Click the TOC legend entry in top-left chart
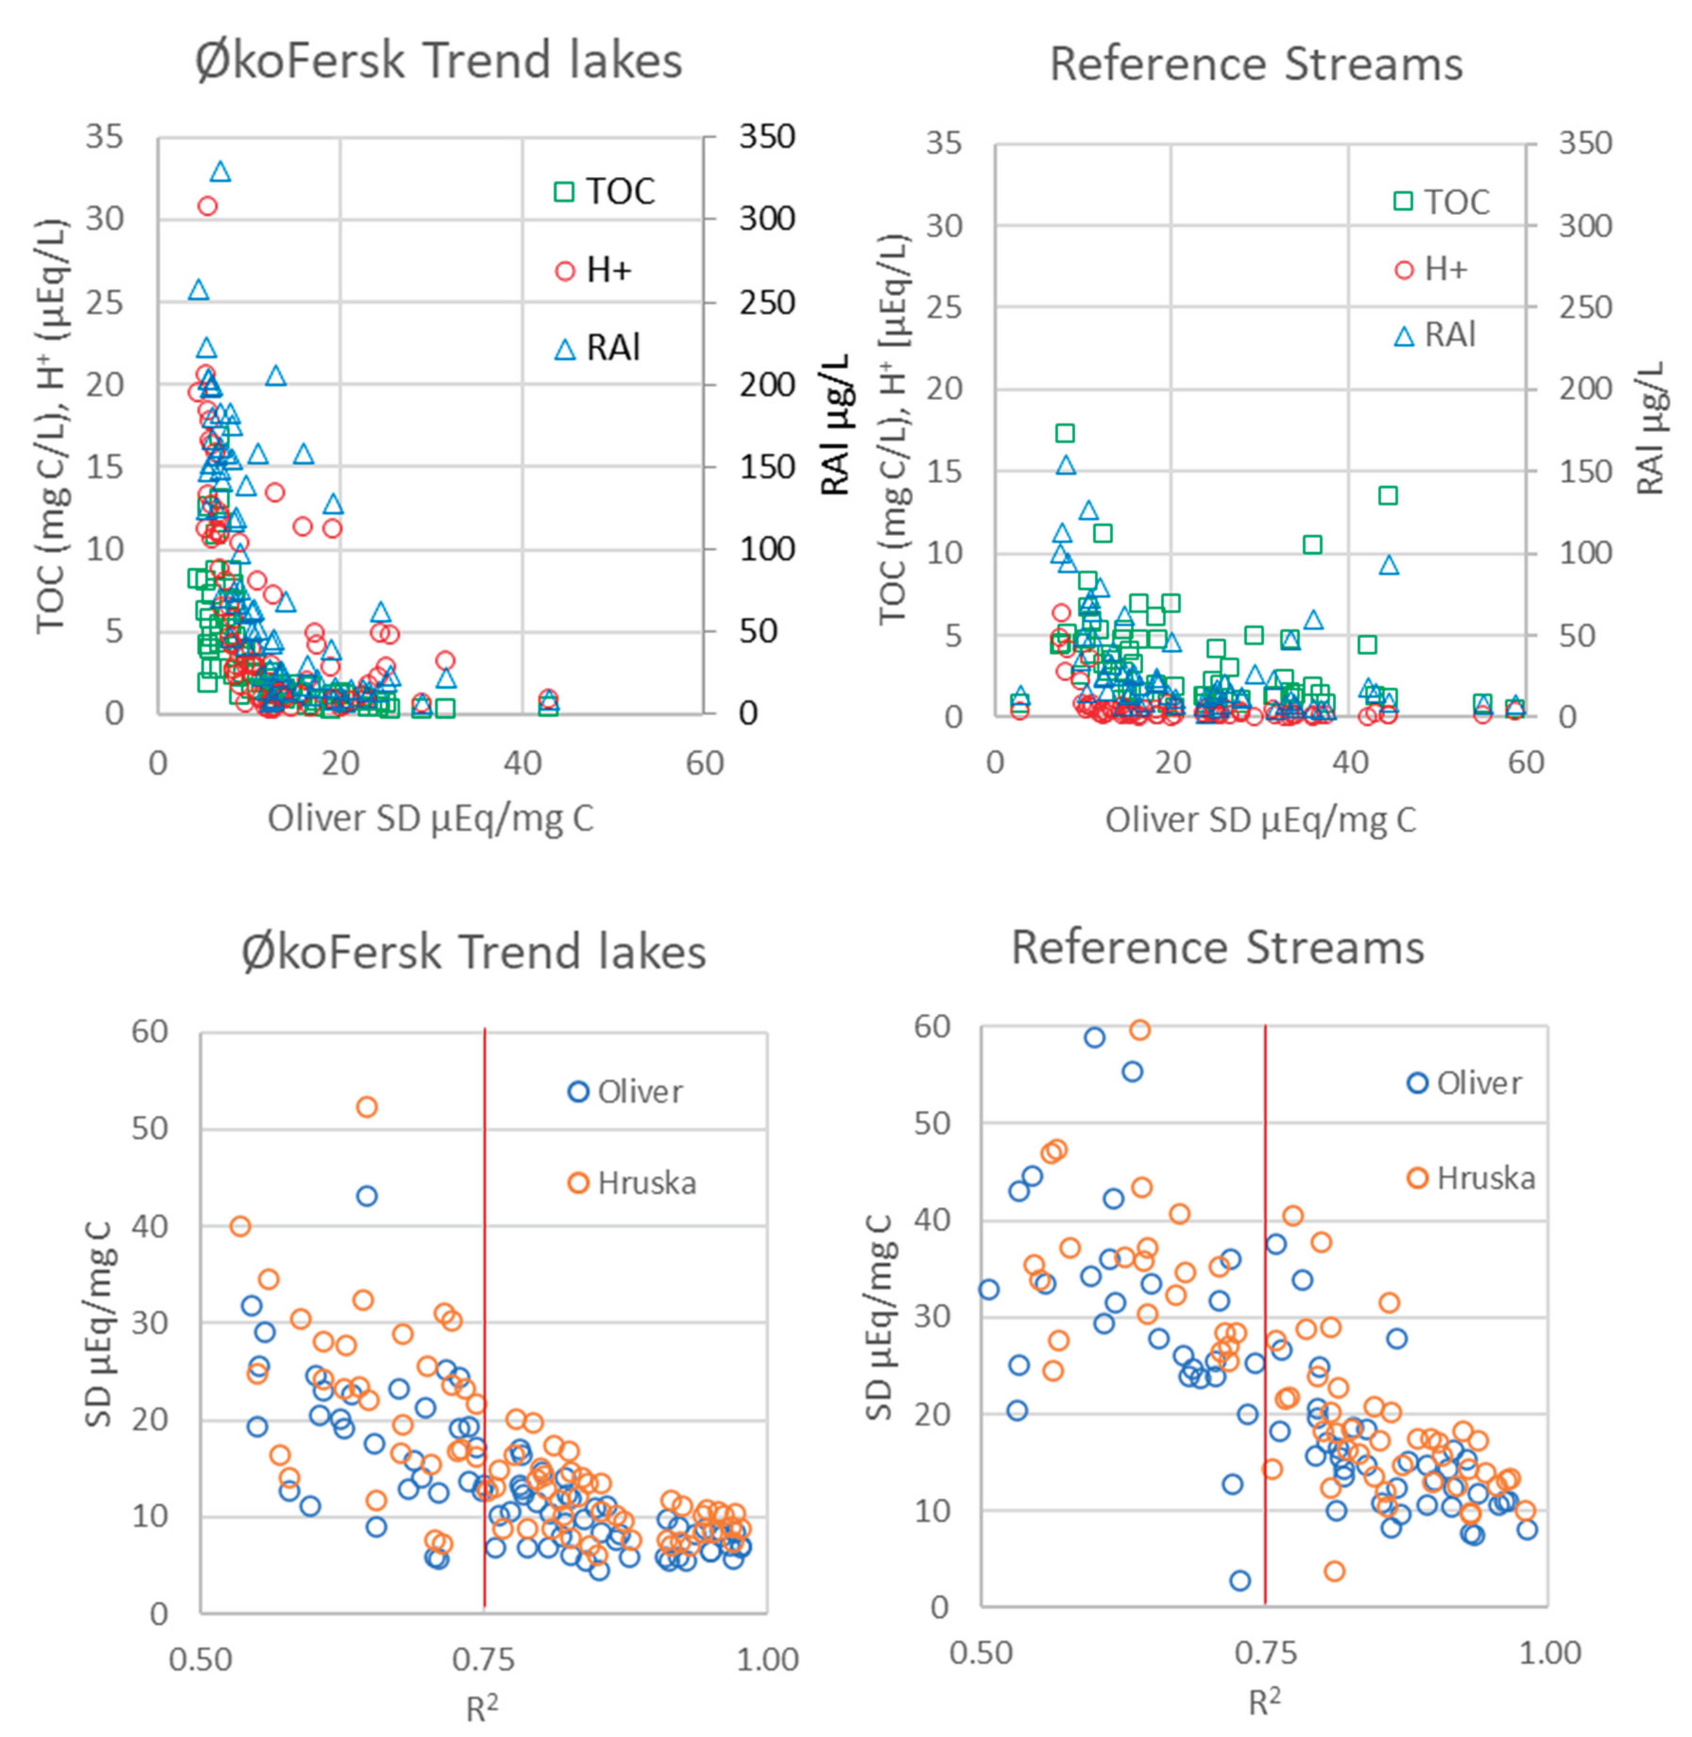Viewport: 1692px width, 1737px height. pyautogui.click(x=604, y=192)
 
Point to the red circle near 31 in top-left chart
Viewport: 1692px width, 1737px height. pyautogui.click(x=207, y=206)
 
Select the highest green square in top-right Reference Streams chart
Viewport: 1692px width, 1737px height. pyautogui.click(x=1064, y=432)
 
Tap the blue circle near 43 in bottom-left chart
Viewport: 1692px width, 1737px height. pyautogui.click(x=366, y=1196)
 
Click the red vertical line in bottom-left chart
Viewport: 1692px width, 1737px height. pyautogui.click(x=485, y=1333)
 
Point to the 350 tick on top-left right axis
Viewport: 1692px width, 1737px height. pyautogui.click(x=766, y=137)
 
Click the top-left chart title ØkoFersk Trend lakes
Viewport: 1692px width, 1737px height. pyautogui.click(x=438, y=60)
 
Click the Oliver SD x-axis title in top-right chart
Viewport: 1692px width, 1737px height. pyautogui.click(x=1260, y=819)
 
